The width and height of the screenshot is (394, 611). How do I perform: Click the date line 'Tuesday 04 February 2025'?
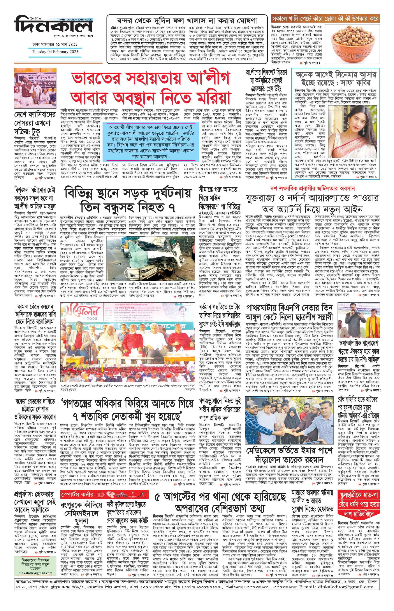[x=55, y=51]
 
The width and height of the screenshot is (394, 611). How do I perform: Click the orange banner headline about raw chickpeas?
[x=325, y=18]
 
